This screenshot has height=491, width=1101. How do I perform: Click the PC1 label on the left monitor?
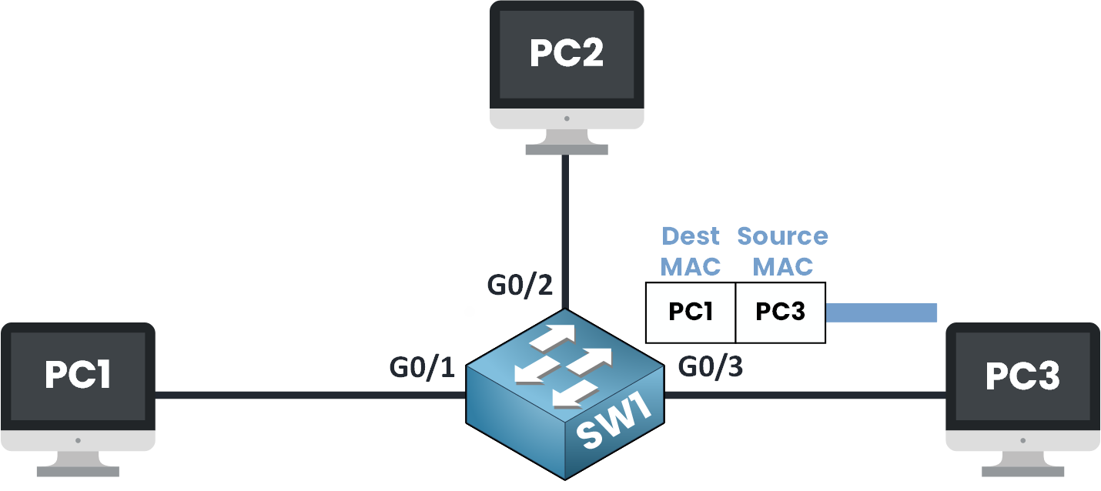pyautogui.click(x=78, y=375)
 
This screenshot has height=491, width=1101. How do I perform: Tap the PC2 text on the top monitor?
pyautogui.click(x=566, y=53)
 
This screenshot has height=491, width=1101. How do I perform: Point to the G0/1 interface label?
pyautogui.click(x=422, y=368)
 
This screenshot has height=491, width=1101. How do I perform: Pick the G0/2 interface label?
pyautogui.click(x=520, y=285)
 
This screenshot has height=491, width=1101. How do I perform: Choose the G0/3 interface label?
pyautogui.click(x=710, y=367)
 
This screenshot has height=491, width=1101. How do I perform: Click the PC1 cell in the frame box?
pyautogui.click(x=691, y=312)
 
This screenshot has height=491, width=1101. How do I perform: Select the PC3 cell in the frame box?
pyautogui.click(x=781, y=312)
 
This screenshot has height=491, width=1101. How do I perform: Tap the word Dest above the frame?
pyautogui.click(x=691, y=235)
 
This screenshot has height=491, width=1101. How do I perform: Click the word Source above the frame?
pyautogui.click(x=782, y=235)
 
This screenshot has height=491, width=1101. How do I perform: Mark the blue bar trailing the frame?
pyautogui.click(x=881, y=312)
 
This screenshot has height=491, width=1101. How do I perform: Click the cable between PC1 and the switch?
pyautogui.click(x=308, y=396)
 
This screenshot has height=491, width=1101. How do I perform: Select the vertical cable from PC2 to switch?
pyautogui.click(x=566, y=231)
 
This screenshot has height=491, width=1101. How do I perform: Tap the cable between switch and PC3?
pyautogui.click(x=805, y=396)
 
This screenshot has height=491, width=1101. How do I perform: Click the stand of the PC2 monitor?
pyautogui.click(x=566, y=142)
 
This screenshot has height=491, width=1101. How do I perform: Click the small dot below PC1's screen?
pyautogui.click(x=78, y=441)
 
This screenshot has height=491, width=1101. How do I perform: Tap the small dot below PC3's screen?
pyautogui.click(x=1022, y=441)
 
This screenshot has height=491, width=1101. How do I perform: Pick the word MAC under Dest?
pyautogui.click(x=691, y=266)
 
